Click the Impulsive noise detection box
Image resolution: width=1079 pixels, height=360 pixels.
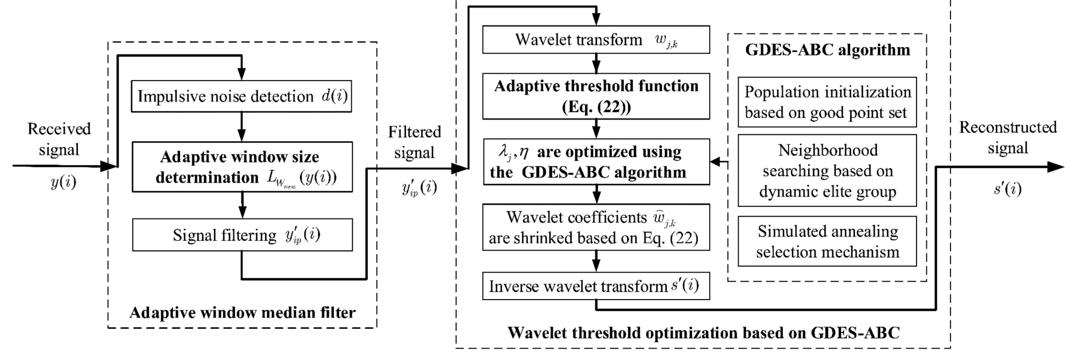241,97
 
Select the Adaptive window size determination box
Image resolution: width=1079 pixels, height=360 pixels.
241,167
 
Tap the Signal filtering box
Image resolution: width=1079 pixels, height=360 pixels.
241,235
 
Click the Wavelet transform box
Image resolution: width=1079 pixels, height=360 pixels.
595,40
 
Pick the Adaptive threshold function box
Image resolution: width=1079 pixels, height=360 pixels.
595,96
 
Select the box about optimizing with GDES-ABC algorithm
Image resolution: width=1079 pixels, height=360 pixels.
595,162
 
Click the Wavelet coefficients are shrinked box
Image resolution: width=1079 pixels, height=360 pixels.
595,227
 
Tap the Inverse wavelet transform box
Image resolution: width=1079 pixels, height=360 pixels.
595,286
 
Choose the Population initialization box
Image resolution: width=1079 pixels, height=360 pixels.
827,102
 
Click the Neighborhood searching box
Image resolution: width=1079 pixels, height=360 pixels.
827,171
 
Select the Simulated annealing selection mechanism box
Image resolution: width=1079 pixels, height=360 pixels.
827,241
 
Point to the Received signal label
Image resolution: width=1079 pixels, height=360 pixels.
59,139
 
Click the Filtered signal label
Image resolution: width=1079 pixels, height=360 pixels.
414,142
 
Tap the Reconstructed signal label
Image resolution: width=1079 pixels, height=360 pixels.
1008,138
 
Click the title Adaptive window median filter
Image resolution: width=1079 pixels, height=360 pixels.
242,313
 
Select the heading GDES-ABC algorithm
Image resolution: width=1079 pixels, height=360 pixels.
827,50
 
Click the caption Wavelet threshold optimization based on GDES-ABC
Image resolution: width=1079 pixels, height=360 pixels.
703,333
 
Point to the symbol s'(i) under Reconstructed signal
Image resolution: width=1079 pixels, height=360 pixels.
1008,189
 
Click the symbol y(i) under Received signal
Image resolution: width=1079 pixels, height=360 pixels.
63,182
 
